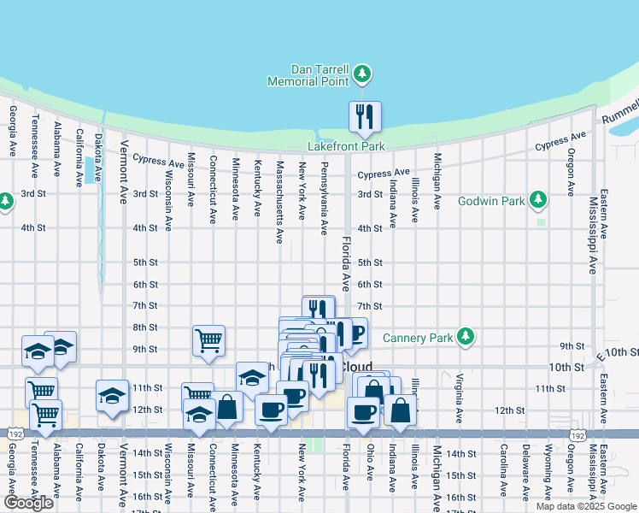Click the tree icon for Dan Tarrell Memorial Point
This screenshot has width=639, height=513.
pyautogui.click(x=363, y=74)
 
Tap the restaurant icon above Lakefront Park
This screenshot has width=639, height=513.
pyautogui.click(x=365, y=116)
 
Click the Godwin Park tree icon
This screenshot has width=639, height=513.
pyautogui.click(x=537, y=200)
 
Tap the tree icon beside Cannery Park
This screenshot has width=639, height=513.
pyautogui.click(x=465, y=336)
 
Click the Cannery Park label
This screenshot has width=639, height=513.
pyautogui.click(x=418, y=337)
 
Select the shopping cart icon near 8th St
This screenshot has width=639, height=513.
pyautogui.click(x=208, y=340)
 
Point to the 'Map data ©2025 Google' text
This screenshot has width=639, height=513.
pyautogui.click(x=585, y=506)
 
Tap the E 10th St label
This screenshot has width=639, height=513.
pyautogui.click(x=618, y=352)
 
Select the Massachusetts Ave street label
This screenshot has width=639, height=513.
pyautogui.click(x=279, y=191)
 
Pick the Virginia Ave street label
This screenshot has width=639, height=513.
pyautogui.click(x=459, y=398)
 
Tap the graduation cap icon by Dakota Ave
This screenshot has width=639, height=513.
pyautogui.click(x=112, y=396)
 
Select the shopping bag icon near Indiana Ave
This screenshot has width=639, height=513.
pyautogui.click(x=401, y=410)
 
